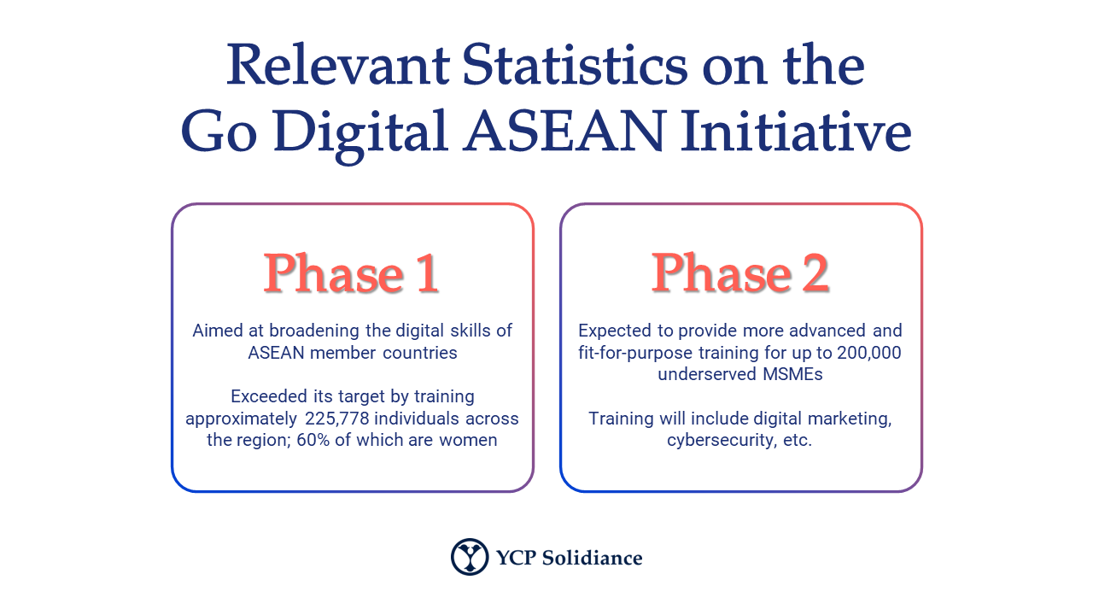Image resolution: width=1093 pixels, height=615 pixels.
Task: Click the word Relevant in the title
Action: (337, 65)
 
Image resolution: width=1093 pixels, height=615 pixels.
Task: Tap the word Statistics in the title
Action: (575, 64)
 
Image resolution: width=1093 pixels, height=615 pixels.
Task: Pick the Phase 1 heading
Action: (351, 273)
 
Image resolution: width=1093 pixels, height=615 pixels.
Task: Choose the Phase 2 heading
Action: (740, 273)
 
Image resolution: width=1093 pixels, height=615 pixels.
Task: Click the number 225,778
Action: (336, 419)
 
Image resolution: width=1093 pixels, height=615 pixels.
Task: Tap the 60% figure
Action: (313, 440)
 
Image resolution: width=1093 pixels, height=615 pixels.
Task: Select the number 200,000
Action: (869, 353)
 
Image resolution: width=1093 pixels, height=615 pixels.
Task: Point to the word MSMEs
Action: (792, 374)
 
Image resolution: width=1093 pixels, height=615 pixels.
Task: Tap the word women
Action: (468, 441)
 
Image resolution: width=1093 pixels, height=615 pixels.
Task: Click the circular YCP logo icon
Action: (470, 557)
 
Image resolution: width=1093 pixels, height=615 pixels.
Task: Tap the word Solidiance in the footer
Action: (592, 558)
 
